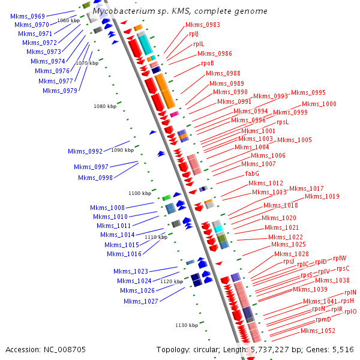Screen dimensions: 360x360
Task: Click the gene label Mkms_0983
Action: pos(202,25)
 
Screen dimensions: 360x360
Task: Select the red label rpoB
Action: pos(208,63)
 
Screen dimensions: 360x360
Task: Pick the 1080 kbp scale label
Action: pos(105,106)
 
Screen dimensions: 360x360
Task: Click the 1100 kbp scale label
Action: pos(140,193)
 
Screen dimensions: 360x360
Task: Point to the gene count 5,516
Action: pos(342,349)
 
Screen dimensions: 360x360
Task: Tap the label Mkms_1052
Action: pos(317,331)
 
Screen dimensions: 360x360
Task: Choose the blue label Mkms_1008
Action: pos(107,208)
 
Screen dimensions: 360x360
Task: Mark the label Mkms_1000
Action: pos(320,104)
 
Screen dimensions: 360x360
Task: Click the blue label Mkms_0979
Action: pos(60,91)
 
